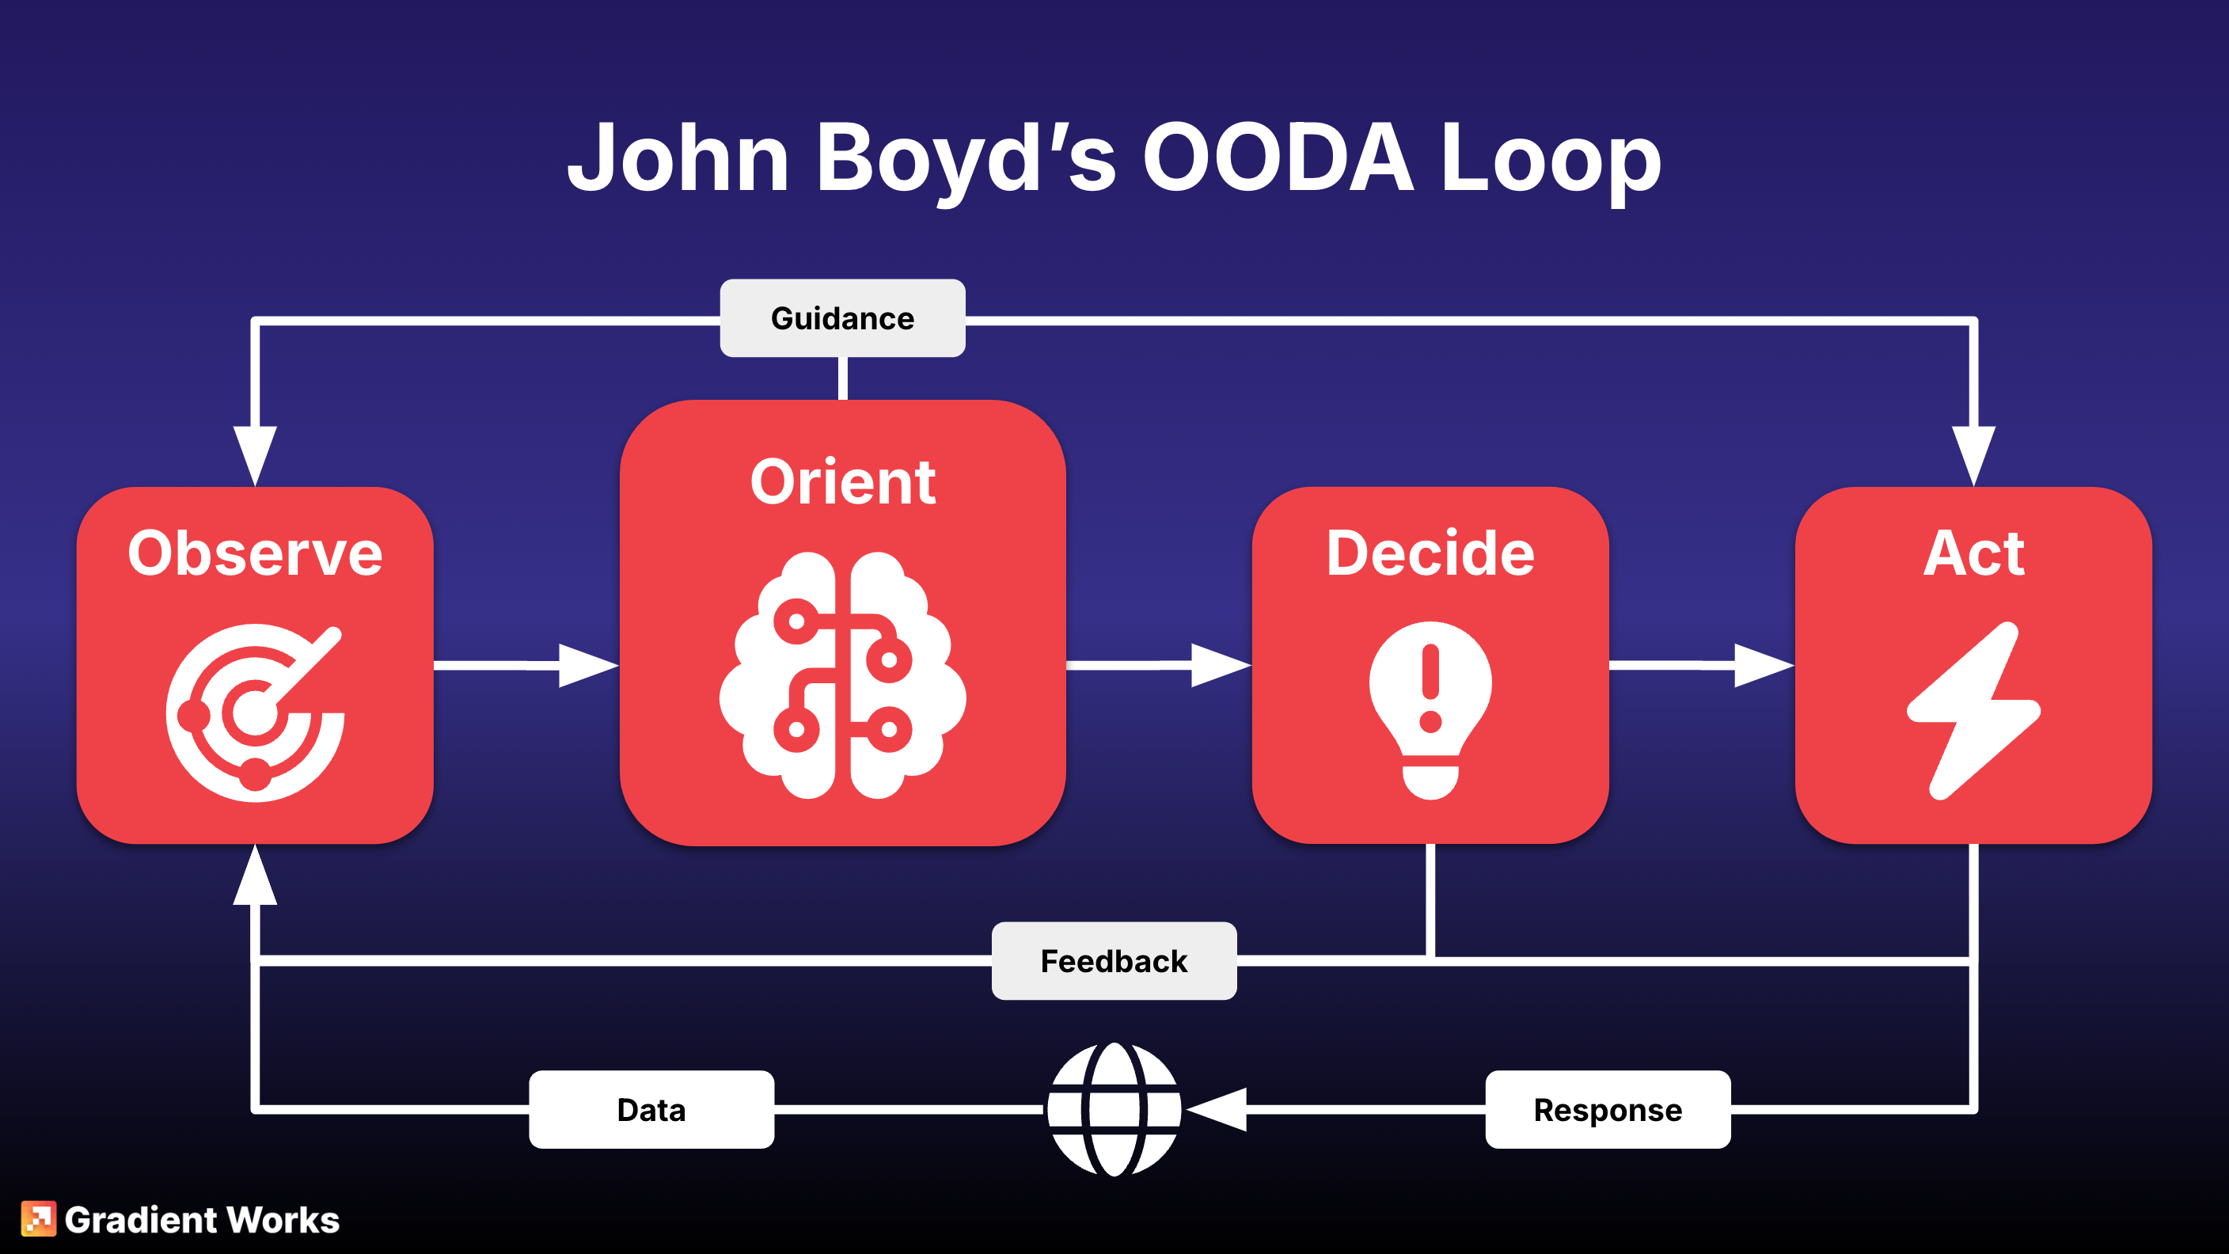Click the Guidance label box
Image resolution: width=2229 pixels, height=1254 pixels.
pos(842,317)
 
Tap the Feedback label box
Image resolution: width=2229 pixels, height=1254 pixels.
pos(1114,960)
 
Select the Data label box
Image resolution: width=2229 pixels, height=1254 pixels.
pos(651,1109)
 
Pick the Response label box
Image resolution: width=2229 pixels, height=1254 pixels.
pos(1608,1109)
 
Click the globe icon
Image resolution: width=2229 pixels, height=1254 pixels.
pos(1114,1108)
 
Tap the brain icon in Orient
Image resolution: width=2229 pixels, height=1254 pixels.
pos(842,675)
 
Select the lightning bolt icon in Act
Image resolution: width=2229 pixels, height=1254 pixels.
pos(1973,709)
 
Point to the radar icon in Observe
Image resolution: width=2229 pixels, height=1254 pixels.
pos(255,712)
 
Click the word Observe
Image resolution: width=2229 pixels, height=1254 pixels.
pos(255,553)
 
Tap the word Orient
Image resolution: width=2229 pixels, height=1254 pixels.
pos(842,482)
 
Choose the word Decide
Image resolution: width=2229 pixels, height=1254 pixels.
pos(1430,553)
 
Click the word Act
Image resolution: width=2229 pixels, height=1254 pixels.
pos(1973,553)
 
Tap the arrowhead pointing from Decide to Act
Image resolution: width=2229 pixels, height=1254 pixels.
pos(1762,665)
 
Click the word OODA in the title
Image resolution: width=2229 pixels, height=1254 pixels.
pos(1278,158)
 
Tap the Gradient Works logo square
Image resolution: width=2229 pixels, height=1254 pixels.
pos(38,1218)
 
